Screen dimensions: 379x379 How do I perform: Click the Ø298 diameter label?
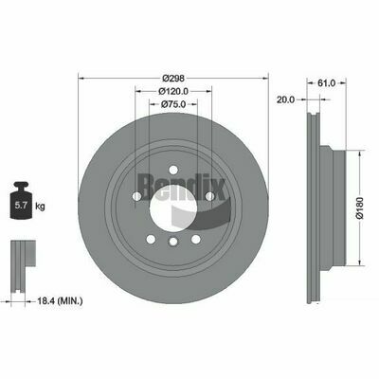173,78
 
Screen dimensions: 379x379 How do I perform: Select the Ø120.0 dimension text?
173,91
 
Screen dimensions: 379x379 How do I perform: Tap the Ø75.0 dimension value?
173,104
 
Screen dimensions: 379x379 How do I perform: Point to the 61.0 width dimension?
326,83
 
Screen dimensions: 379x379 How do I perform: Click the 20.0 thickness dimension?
285,99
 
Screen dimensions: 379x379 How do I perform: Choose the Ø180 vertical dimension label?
360,208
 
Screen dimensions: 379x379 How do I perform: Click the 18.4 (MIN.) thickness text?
61,301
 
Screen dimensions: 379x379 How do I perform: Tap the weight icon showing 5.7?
21,201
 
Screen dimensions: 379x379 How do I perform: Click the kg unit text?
40,207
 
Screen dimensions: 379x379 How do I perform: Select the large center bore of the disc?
173,208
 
